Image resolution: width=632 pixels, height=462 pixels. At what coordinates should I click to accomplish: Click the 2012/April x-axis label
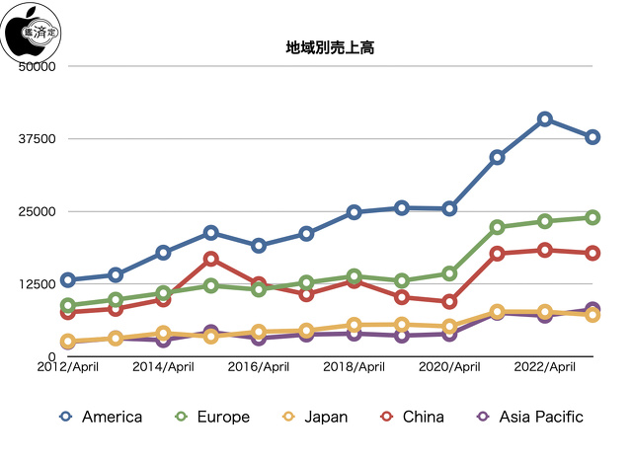[x=67, y=368]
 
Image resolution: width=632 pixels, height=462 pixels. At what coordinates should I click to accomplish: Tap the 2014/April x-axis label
[x=163, y=368]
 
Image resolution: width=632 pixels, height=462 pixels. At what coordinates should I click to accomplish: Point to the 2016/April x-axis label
[x=258, y=368]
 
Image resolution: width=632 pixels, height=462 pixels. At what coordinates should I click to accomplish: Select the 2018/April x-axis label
[x=354, y=368]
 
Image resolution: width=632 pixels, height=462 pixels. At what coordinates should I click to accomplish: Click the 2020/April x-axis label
[x=449, y=368]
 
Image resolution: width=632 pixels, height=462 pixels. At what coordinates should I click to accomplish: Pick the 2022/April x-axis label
[x=544, y=368]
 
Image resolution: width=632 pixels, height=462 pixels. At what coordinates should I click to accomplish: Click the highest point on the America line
[x=545, y=118]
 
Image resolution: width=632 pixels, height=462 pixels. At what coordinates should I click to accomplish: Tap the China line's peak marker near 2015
[x=211, y=259]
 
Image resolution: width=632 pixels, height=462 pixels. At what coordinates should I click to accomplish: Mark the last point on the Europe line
[x=592, y=217]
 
